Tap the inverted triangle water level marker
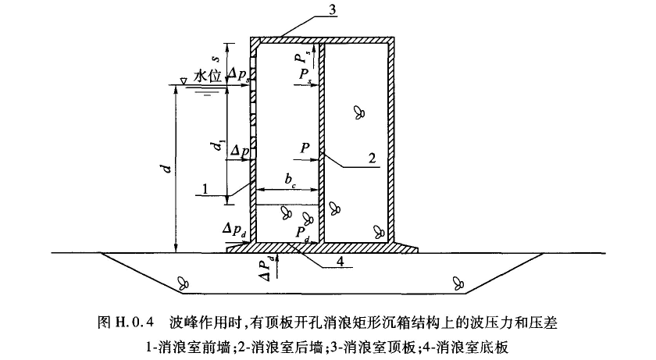[181, 80]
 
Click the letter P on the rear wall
[305, 146]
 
